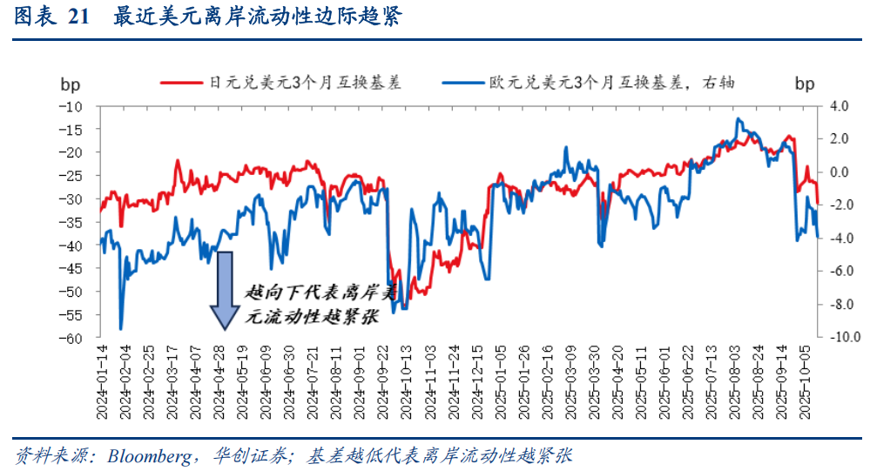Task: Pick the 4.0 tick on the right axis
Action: [x=839, y=106]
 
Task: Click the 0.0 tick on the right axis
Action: [x=839, y=172]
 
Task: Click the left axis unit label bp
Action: [x=70, y=84]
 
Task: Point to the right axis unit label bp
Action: [x=805, y=84]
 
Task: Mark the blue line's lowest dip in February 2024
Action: [x=120, y=328]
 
